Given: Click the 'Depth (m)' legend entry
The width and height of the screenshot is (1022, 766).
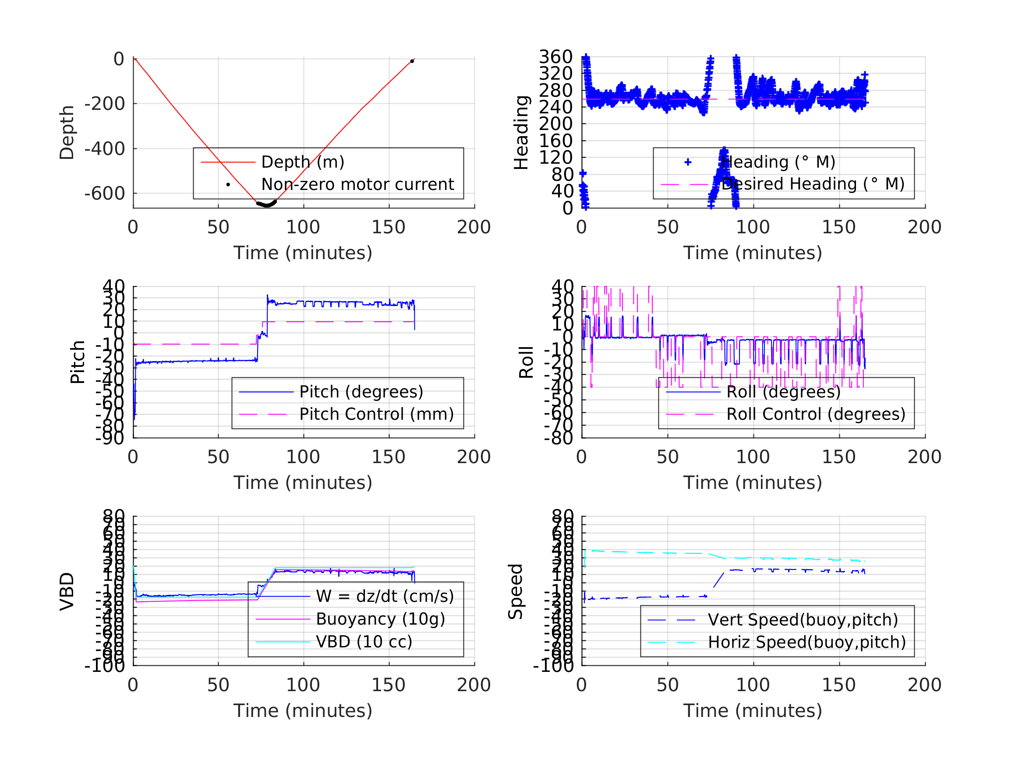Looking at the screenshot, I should coord(303,162).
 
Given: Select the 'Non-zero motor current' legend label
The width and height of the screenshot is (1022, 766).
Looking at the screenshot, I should coord(357,185).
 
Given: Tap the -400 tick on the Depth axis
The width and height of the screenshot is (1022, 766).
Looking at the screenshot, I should coord(105,149).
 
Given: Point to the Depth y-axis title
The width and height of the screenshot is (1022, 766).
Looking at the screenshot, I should coord(67,133).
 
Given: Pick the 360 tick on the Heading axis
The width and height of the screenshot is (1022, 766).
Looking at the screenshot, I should coord(556,57).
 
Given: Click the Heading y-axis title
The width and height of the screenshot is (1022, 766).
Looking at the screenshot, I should coord(521,133).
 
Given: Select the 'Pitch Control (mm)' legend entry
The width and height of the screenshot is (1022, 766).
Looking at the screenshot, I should coord(377,414).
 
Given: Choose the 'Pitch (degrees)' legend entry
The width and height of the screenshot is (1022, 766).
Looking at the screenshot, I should coord(361,392).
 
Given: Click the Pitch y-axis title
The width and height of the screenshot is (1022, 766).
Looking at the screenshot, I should coord(78,362).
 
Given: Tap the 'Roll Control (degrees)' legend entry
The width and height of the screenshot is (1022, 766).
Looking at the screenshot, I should coord(816,414).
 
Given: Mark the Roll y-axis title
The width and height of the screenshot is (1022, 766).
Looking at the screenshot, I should coord(526,362).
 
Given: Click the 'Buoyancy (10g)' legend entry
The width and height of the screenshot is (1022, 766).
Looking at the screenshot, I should coord(380,619).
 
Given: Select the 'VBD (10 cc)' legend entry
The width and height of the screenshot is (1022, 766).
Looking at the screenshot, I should coord(364,642).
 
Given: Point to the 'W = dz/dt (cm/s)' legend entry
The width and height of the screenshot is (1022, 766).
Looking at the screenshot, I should coord(385,597).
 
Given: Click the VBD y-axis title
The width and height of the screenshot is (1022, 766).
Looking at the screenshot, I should coord(67,591).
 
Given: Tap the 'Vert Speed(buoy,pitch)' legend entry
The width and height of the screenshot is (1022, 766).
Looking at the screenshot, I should coord(803,620).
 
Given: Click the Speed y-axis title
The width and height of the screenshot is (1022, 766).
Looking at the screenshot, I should coord(516,591).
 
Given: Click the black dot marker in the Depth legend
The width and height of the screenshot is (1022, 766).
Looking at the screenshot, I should coord(228,185).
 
